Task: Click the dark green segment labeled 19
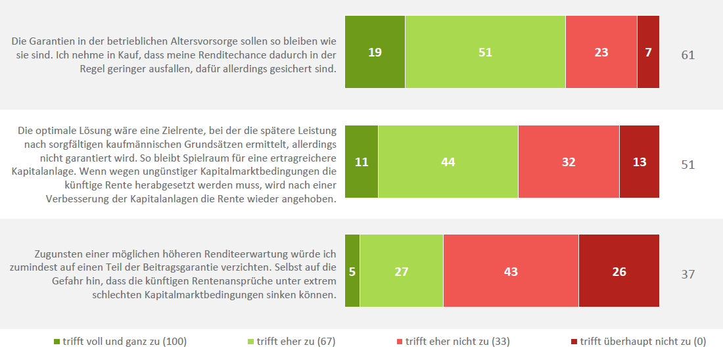(375, 52)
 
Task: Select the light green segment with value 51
(485, 52)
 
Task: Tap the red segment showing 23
(601, 52)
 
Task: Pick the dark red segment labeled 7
(648, 52)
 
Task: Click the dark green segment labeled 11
(361, 162)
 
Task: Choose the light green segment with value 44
(448, 162)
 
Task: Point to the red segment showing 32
(569, 162)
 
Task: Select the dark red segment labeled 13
(639, 162)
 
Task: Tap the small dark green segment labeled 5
(352, 271)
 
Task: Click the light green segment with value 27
(402, 271)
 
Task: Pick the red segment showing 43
(511, 271)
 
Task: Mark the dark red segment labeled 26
(618, 271)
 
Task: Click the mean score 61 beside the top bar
(688, 55)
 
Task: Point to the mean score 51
(688, 164)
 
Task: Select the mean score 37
(688, 274)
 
